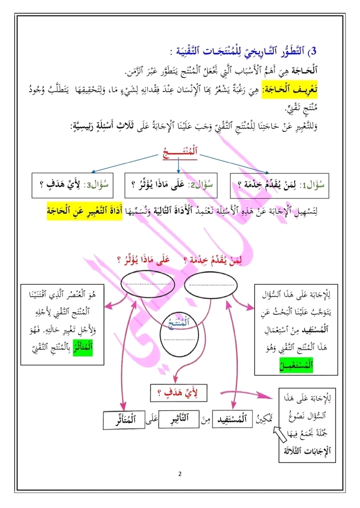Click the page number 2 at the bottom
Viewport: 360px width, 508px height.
click(x=180, y=474)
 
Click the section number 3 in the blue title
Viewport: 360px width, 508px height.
click(x=314, y=51)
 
